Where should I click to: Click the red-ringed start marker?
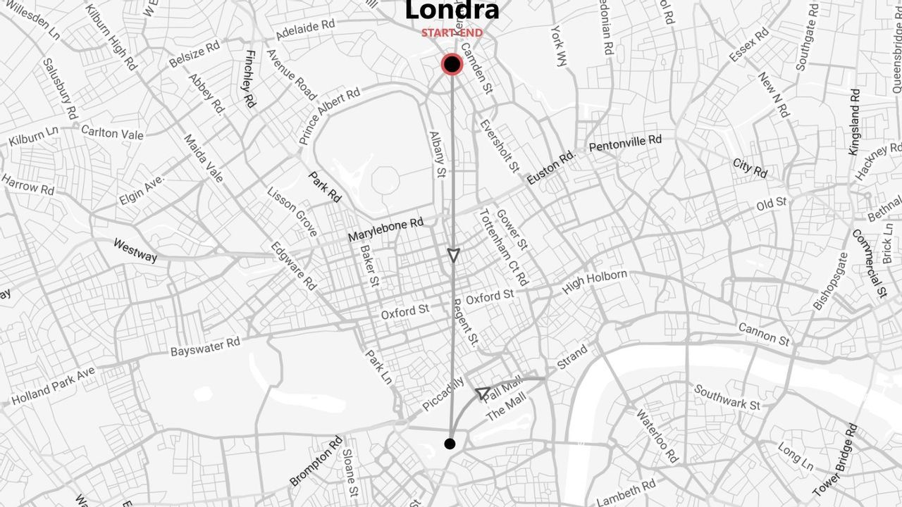(x=452, y=65)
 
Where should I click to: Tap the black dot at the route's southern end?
(x=450, y=444)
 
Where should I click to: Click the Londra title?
(x=452, y=11)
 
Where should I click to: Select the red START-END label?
(x=452, y=33)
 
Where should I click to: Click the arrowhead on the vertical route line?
(x=453, y=254)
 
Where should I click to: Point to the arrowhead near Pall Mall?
(x=483, y=393)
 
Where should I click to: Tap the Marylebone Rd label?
(x=385, y=230)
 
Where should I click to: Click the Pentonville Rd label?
(x=625, y=144)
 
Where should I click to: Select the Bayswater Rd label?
(x=205, y=347)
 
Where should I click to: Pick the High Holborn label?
(x=594, y=282)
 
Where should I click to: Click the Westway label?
(x=135, y=250)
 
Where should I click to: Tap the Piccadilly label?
(x=443, y=394)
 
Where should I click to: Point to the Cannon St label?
(x=764, y=334)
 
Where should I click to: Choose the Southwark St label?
(x=727, y=396)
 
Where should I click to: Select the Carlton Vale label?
(x=112, y=132)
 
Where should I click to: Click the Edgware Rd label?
(x=293, y=266)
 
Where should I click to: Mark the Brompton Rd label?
(x=316, y=461)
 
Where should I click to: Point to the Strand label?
(x=572, y=357)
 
